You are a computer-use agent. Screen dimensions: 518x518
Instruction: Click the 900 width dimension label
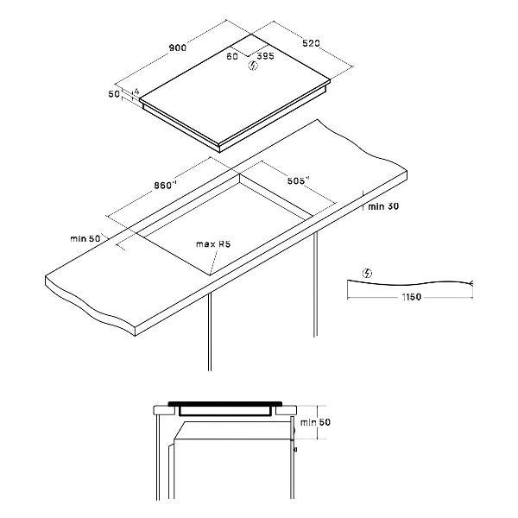(x=178, y=47)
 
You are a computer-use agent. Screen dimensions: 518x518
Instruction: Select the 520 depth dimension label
(x=311, y=43)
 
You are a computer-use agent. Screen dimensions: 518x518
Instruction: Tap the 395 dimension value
(x=266, y=56)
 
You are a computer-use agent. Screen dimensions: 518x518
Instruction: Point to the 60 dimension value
(x=232, y=56)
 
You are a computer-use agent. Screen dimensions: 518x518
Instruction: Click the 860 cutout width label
(x=165, y=186)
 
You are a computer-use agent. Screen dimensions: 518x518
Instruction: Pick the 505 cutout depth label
(x=298, y=180)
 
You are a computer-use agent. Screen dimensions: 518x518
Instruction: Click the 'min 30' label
(x=383, y=206)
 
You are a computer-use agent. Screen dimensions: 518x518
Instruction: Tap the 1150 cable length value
(x=412, y=297)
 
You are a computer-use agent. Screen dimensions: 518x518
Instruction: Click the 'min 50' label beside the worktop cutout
(x=85, y=238)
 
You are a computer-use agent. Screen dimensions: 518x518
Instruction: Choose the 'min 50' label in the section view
(x=315, y=422)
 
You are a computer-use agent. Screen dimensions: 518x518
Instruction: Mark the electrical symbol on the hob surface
(x=253, y=66)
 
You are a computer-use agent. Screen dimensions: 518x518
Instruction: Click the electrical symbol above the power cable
(x=368, y=274)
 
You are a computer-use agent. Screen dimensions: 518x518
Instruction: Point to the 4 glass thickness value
(x=136, y=92)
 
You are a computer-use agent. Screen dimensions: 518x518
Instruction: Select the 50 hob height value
(x=114, y=94)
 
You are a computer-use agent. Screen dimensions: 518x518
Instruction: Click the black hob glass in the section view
(x=225, y=404)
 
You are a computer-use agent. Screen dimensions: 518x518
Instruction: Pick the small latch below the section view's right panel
(x=295, y=450)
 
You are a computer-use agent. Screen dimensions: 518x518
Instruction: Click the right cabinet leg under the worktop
(x=315, y=284)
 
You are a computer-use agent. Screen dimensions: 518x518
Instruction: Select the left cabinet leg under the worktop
(x=210, y=332)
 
